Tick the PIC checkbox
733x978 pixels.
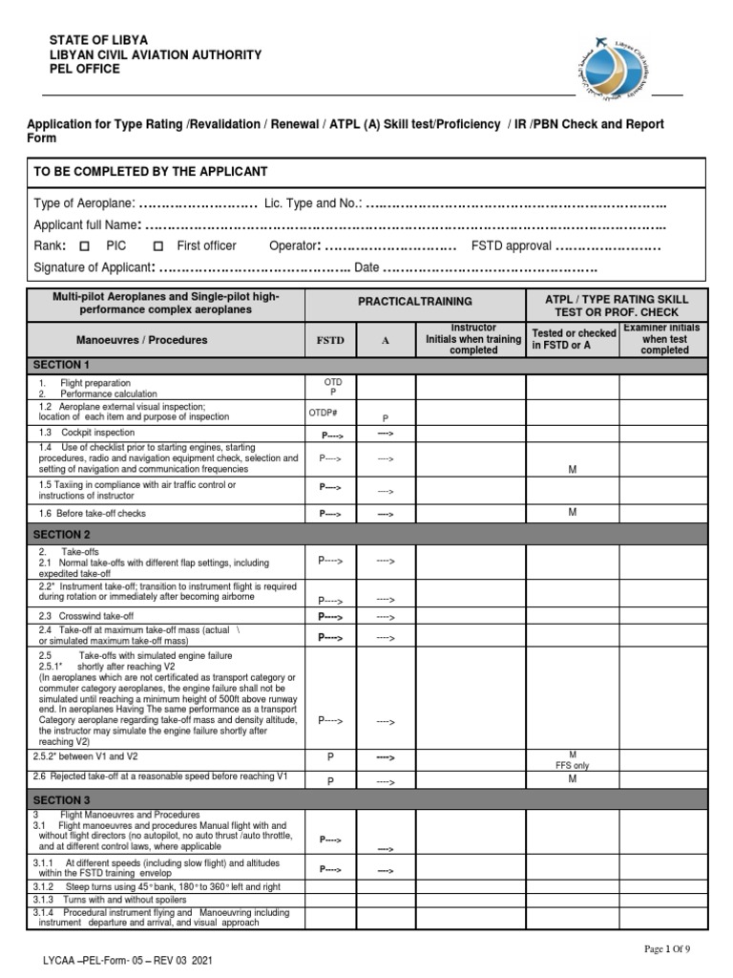[x=84, y=245]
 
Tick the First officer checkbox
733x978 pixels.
[x=157, y=245]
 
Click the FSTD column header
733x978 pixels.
[x=330, y=339]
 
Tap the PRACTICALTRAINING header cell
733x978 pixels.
[x=414, y=301]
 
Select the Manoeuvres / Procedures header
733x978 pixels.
[x=141, y=339]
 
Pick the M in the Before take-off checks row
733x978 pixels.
[x=573, y=512]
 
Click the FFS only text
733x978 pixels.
[x=573, y=765]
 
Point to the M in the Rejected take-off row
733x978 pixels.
[x=573, y=778]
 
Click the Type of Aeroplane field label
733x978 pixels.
[x=84, y=204]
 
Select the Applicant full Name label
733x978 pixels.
[x=86, y=225]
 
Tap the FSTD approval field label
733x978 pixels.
[x=512, y=245]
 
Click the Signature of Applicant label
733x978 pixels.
[x=93, y=267]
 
